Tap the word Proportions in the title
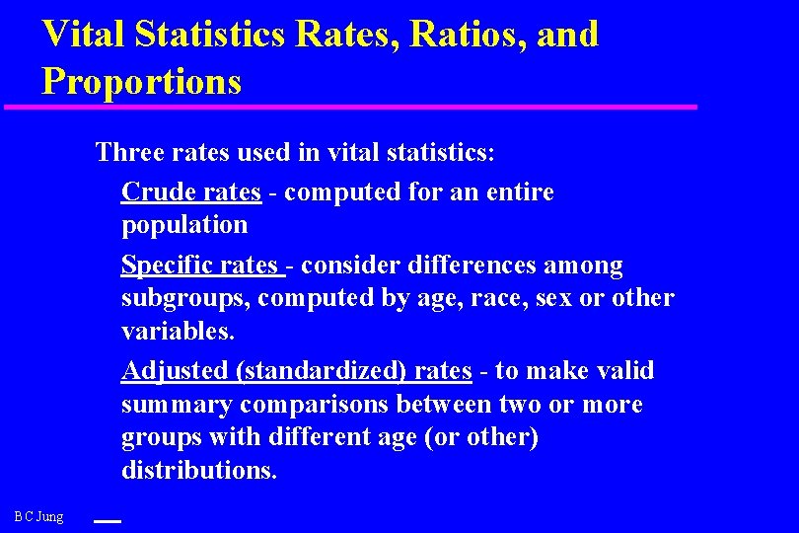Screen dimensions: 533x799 tap(141, 81)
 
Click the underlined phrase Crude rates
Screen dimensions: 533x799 tap(191, 191)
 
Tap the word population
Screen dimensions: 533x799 tap(184, 225)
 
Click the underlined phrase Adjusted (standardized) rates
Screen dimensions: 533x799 tap(297, 371)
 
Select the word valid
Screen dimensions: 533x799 tap(623, 371)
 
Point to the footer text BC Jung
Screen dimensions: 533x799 tap(39, 516)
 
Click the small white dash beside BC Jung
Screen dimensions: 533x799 tap(107, 520)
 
